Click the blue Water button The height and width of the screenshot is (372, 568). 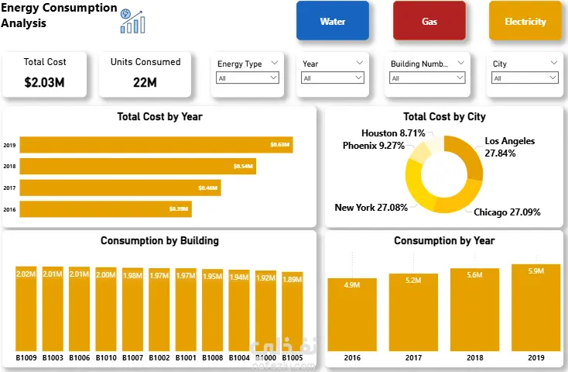click(332, 21)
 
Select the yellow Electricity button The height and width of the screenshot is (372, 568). click(525, 21)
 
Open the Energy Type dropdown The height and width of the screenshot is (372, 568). click(248, 78)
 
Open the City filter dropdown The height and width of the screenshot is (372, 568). click(524, 78)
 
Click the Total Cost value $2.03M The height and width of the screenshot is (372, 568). click(45, 81)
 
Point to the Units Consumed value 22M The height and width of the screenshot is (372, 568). click(145, 81)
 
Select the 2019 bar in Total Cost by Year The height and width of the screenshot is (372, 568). click(155, 145)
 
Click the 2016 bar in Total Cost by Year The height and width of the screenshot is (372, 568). click(104, 209)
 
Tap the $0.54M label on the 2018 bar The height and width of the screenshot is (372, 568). click(243, 167)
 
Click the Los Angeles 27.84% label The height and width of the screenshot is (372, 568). click(509, 147)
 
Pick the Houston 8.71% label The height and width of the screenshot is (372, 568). click(393, 133)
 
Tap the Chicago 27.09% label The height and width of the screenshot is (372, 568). click(507, 212)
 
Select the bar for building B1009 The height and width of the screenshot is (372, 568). click(26, 310)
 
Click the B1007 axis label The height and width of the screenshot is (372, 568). click(132, 358)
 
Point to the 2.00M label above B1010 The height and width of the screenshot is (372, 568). click(105, 274)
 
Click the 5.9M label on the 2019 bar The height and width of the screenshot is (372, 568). click(535, 270)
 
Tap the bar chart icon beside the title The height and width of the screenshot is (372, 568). click(132, 21)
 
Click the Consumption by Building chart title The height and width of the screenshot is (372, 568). click(159, 240)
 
